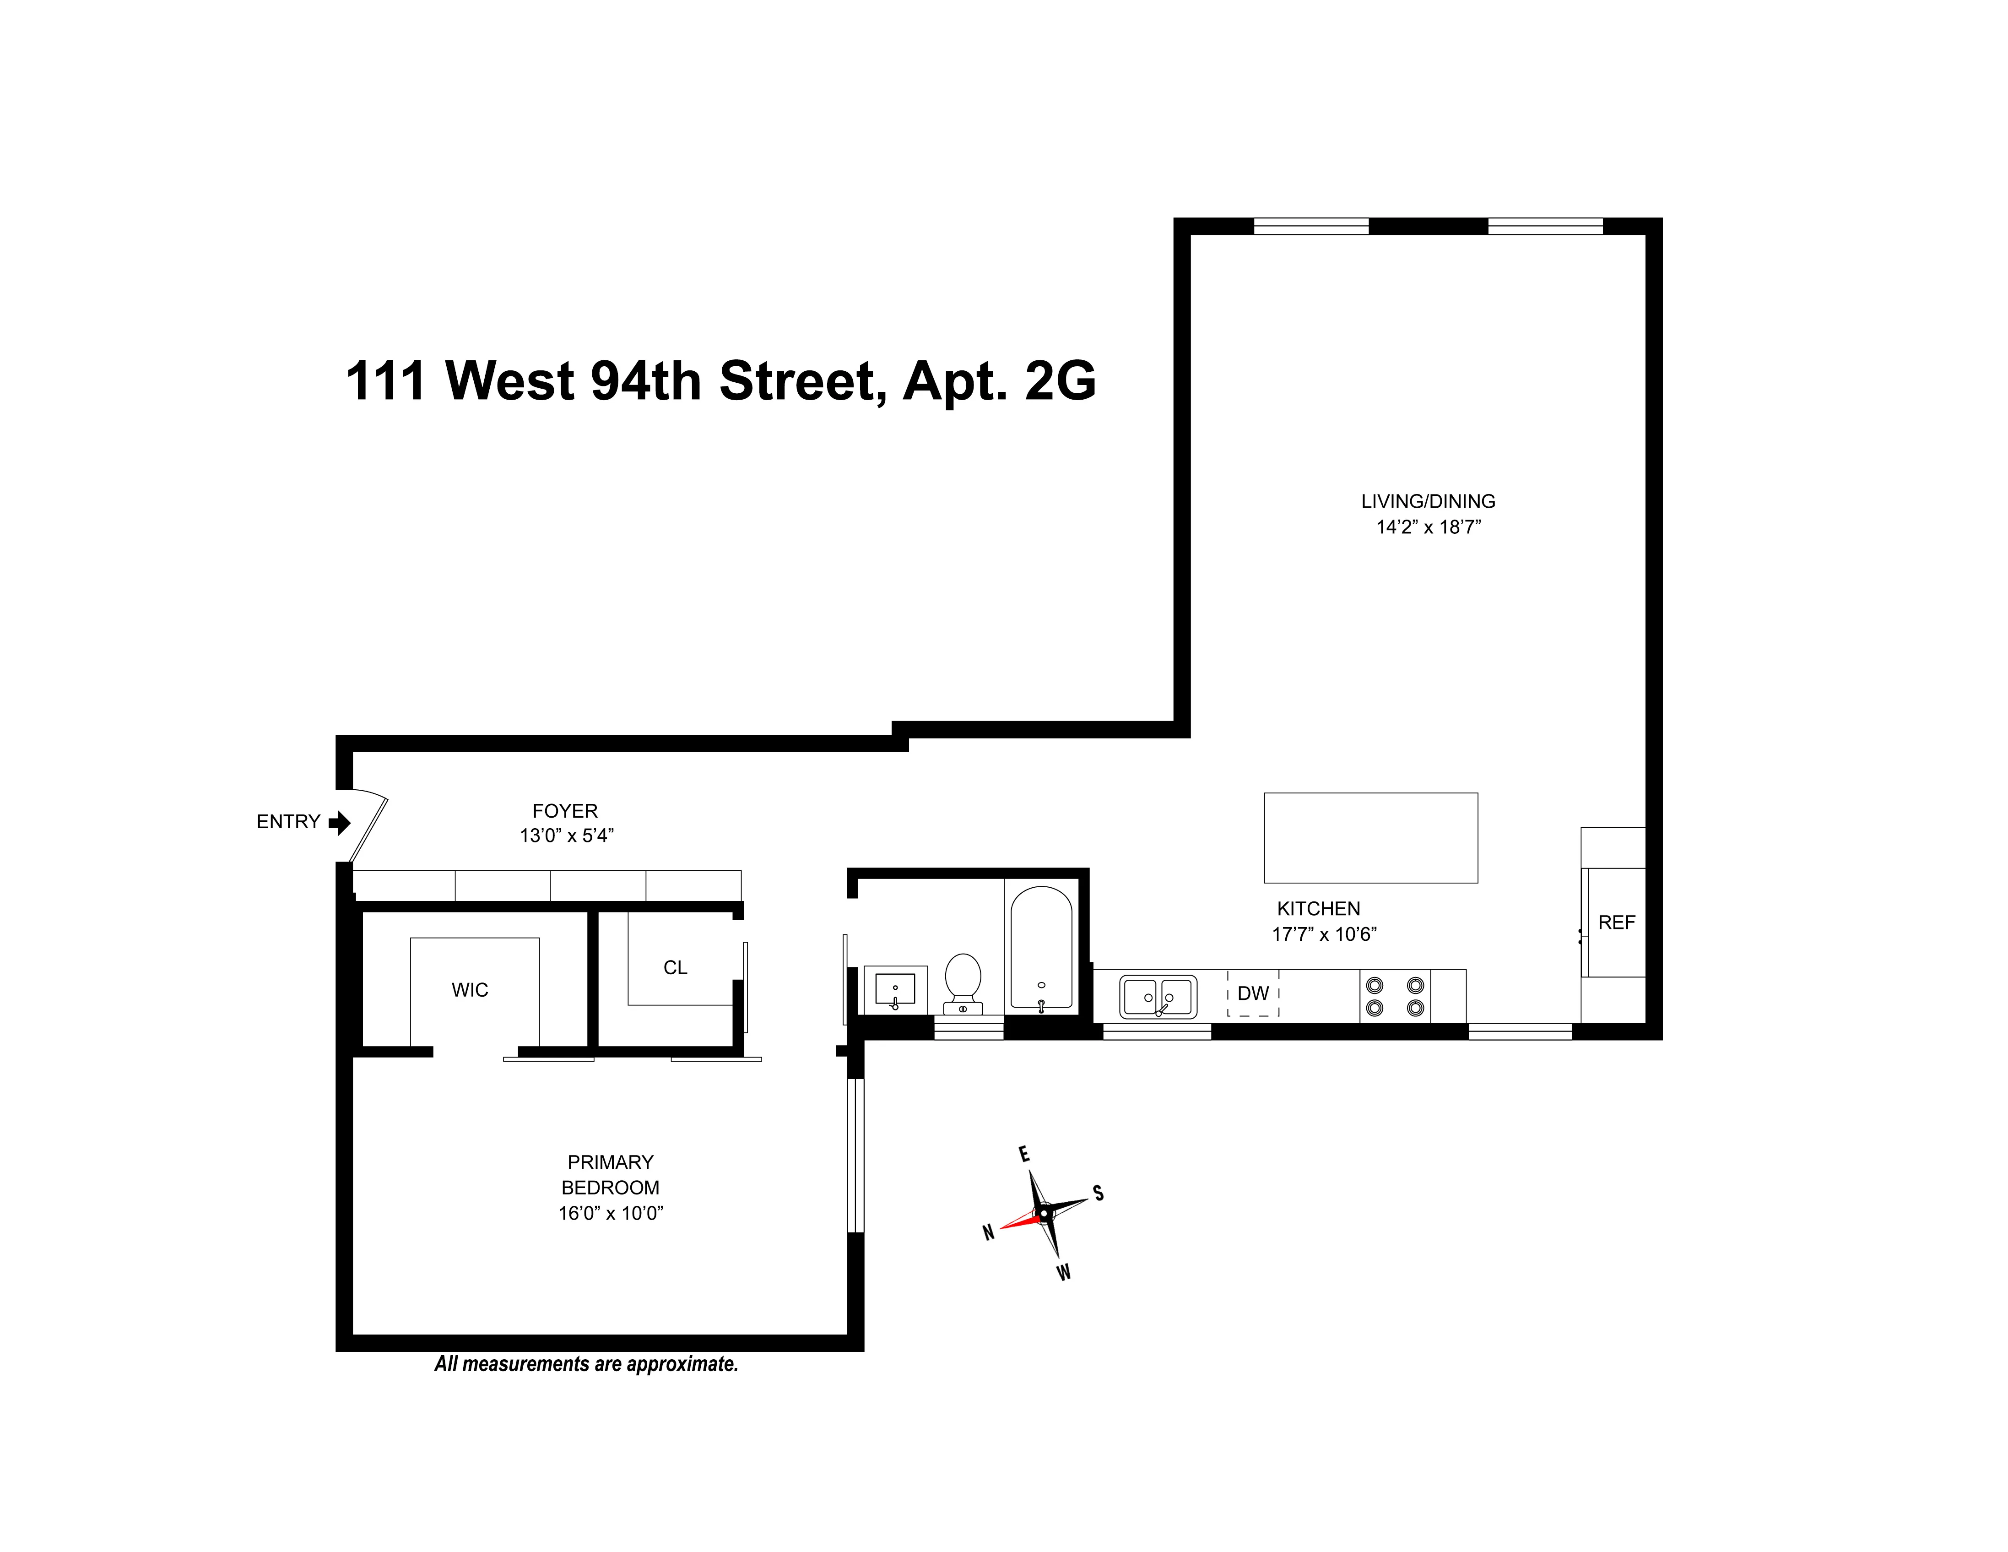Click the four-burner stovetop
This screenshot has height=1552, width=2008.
click(1395, 996)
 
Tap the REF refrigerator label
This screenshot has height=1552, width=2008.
click(1616, 922)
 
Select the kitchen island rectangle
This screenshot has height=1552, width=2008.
click(1370, 838)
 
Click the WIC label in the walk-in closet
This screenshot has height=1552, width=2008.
click(470, 990)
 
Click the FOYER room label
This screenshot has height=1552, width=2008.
click(564, 811)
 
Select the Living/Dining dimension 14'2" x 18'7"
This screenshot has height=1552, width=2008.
click(1428, 527)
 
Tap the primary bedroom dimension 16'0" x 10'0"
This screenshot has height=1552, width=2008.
click(611, 1213)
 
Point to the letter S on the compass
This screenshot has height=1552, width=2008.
click(1098, 1194)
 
